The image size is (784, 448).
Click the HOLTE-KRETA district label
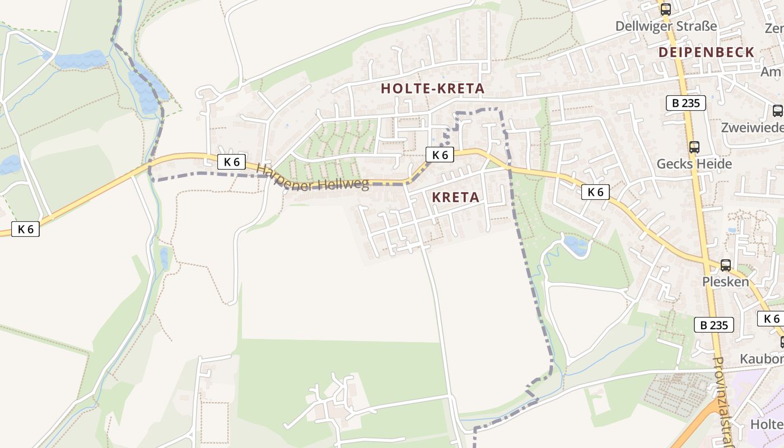click(x=432, y=88)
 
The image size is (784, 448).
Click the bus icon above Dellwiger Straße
click(x=665, y=9)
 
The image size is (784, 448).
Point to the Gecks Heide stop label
click(x=694, y=164)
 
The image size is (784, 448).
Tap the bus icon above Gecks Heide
click(x=694, y=147)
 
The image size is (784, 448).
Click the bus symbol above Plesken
click(x=725, y=265)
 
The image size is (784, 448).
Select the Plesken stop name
click(x=725, y=281)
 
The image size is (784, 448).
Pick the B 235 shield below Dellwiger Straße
click(x=685, y=103)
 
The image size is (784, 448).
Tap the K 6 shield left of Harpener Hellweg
click(x=231, y=162)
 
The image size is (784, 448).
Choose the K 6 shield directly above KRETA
click(x=440, y=155)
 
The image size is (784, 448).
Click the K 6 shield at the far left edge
click(x=25, y=228)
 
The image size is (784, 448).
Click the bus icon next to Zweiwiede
click(x=778, y=111)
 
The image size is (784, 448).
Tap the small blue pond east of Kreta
click(x=576, y=245)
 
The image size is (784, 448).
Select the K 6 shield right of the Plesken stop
click(x=771, y=319)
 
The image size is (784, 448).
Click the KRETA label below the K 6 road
click(x=455, y=197)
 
